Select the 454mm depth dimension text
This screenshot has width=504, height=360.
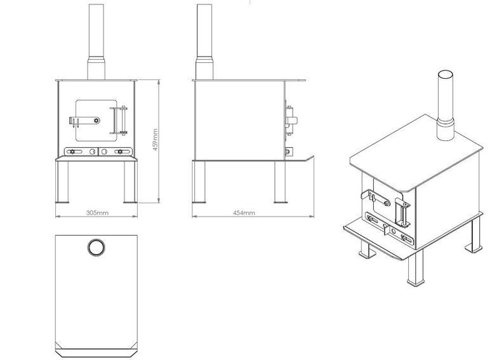coord(242,213)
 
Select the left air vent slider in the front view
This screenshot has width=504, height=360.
coord(74,151)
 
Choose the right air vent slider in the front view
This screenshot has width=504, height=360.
coord(119,151)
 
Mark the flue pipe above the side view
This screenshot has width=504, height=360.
coord(204,32)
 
